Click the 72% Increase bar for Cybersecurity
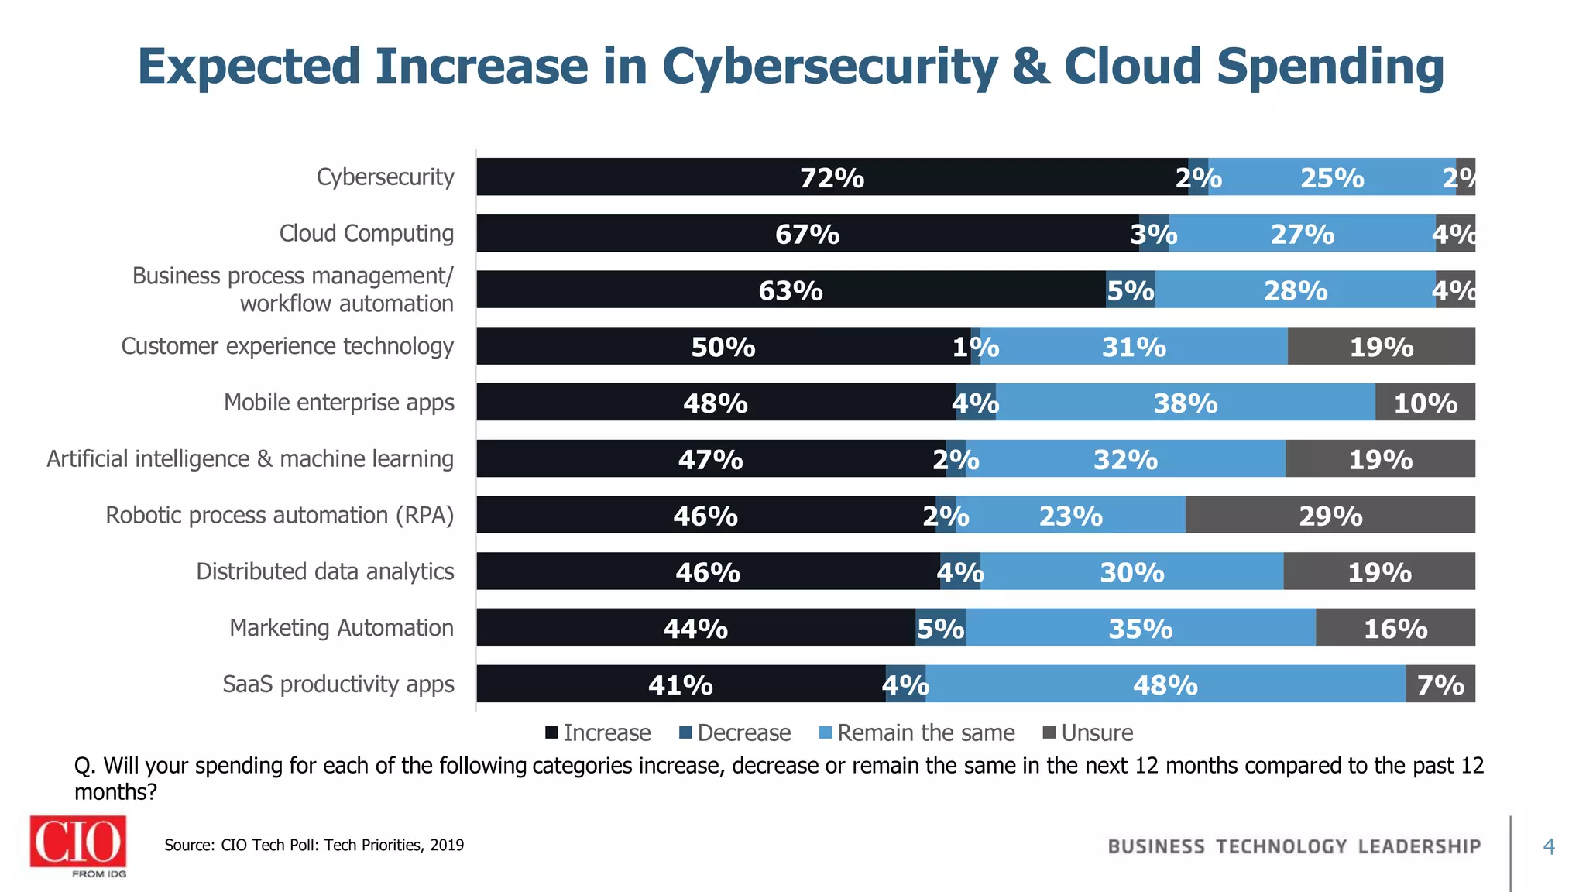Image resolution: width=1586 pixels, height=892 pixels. pyautogui.click(x=832, y=177)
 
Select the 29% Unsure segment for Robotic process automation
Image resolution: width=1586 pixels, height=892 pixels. pyautogui.click(x=1330, y=515)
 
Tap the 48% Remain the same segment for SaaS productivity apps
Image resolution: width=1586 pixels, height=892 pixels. pyautogui.click(x=1165, y=684)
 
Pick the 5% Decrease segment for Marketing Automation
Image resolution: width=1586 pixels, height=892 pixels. pyautogui.click(x=940, y=627)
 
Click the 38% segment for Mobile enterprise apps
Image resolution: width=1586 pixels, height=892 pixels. pyautogui.click(x=1185, y=402)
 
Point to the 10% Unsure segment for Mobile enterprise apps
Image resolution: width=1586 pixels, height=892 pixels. pyautogui.click(x=1425, y=402)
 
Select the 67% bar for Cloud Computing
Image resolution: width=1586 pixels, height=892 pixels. pyautogui.click(x=807, y=233)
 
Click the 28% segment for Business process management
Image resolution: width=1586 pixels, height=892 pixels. pyautogui.click(x=1295, y=290)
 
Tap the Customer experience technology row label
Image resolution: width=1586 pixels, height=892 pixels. pyautogui.click(x=287, y=346)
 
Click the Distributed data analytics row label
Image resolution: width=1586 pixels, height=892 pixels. pyautogui.click(x=324, y=571)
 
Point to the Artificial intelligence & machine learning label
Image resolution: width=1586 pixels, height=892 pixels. pyautogui.click(x=250, y=458)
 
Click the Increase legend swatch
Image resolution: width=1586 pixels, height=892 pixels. pyautogui.click(x=552, y=732)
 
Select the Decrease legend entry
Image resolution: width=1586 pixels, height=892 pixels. pyautogui.click(x=735, y=732)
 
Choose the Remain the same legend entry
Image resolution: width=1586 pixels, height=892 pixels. pyautogui.click(x=917, y=732)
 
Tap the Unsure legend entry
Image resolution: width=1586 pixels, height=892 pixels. pyautogui.click(x=1088, y=732)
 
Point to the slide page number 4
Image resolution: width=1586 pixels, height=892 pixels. pyautogui.click(x=1549, y=846)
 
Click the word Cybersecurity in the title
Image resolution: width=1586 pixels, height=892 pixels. pyautogui.click(x=829, y=66)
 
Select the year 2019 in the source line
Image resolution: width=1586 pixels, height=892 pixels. pyautogui.click(x=447, y=845)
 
